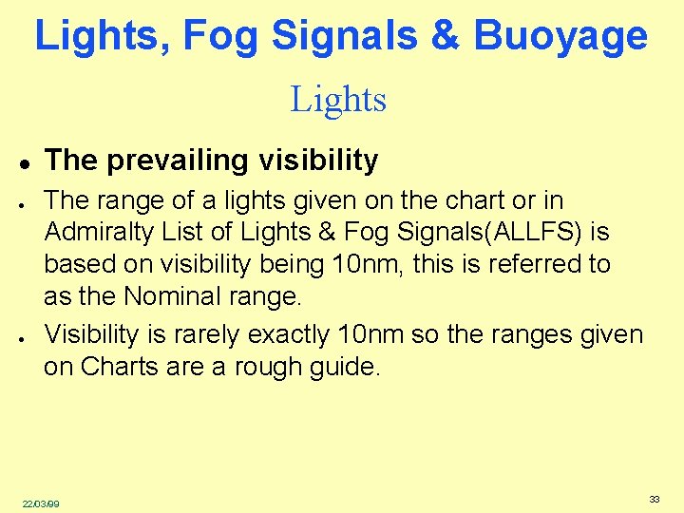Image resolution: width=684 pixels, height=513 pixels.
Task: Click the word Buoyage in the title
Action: [560, 37]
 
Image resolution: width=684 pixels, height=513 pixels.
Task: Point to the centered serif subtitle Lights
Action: [338, 99]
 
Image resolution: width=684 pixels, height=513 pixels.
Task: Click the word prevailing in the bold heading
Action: [168, 161]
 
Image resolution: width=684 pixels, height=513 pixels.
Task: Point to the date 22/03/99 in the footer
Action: [41, 503]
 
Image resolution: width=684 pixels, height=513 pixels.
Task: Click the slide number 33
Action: [655, 499]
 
